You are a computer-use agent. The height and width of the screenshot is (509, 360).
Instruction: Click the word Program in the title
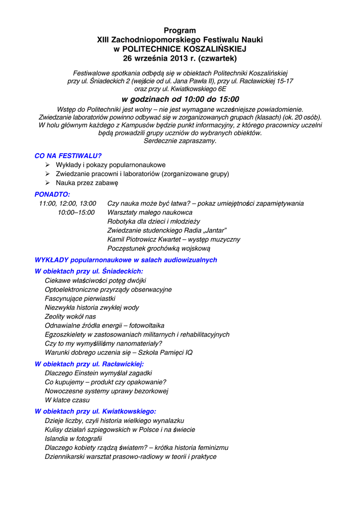click(x=180, y=31)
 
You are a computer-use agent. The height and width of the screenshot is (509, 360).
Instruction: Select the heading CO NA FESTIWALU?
click(x=68, y=156)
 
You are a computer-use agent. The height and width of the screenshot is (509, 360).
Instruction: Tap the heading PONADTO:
click(x=52, y=194)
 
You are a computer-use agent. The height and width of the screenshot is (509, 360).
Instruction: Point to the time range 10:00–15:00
click(x=76, y=212)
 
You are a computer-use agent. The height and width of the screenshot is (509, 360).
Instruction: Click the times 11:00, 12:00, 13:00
click(x=68, y=203)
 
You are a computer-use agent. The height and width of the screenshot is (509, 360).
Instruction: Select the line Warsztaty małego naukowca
click(x=150, y=212)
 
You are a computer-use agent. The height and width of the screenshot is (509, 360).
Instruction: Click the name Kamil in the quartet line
click(x=116, y=239)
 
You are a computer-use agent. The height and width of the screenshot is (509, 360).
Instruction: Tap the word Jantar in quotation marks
click(x=215, y=230)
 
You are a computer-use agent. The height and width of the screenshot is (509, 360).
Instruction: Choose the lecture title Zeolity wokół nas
click(x=70, y=317)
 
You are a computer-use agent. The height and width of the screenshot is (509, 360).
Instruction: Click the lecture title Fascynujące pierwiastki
click(x=80, y=298)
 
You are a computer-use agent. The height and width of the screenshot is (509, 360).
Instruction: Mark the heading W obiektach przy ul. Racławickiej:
click(x=90, y=364)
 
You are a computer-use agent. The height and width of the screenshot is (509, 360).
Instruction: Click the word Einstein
click(x=89, y=373)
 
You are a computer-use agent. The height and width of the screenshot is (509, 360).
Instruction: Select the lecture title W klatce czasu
click(x=67, y=400)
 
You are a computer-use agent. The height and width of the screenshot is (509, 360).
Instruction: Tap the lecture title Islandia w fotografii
click(x=73, y=438)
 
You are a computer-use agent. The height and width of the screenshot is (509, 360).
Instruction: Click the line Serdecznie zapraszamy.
click(x=180, y=141)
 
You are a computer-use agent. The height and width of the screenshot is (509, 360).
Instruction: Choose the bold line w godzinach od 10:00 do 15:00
click(x=180, y=99)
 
